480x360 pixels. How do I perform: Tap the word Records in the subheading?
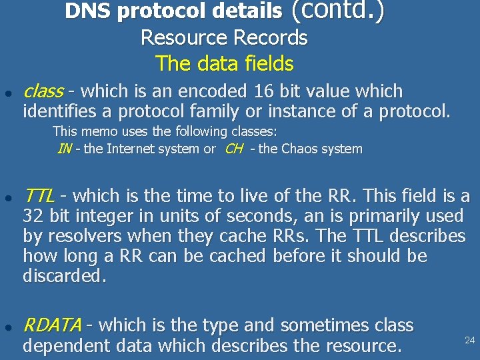275,38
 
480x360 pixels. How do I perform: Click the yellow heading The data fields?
225,64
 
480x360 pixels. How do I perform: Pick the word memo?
96,131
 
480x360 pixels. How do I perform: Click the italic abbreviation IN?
65,149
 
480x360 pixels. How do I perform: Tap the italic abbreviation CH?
234,149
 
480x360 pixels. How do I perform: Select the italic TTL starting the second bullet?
39,196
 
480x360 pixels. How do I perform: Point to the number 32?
33,216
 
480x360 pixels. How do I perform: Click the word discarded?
63,276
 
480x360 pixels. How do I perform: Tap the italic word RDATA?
52,325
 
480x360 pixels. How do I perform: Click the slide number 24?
469,340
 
